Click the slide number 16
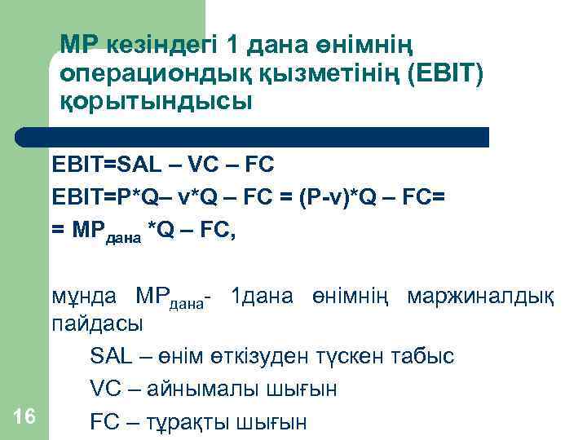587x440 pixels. [24, 416]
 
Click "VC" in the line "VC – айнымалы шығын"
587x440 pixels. [106, 389]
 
